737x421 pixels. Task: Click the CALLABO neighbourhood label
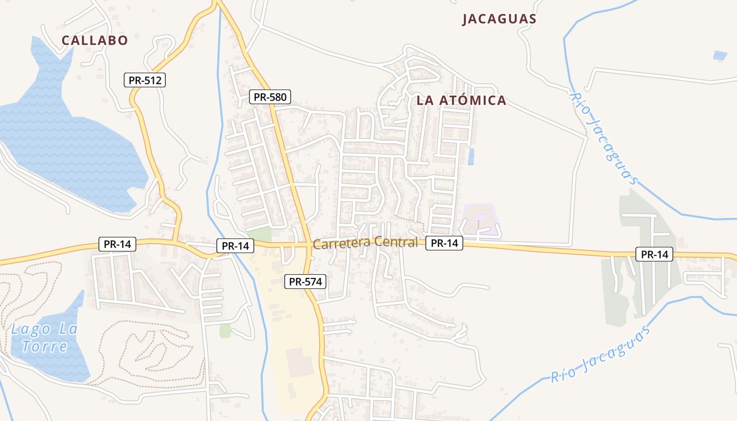pos(95,41)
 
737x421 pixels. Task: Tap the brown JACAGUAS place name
pos(499,19)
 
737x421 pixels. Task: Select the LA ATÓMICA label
pos(461,101)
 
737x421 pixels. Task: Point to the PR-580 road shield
pos(270,97)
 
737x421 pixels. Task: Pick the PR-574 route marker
pos(305,282)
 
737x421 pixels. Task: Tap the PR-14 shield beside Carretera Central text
pos(444,243)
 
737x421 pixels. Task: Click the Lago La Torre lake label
pos(44,338)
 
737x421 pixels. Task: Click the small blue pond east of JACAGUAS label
pos(720,55)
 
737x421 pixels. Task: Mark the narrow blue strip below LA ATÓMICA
pos(471,156)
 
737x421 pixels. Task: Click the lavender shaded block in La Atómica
pos(480,220)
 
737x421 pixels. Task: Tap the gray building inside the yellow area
pos(300,363)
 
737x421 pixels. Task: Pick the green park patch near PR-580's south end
pos(259,235)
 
